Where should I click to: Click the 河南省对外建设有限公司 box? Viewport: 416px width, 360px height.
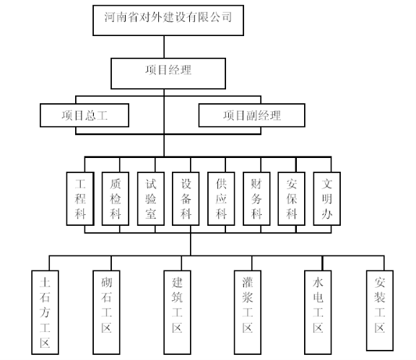pyautogui.click(x=168, y=20)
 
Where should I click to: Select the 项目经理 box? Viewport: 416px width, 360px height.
pyautogui.click(x=168, y=74)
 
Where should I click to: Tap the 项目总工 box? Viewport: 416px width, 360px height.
pyautogui.click(x=84, y=115)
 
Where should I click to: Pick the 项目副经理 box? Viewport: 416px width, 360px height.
pyautogui.click(x=252, y=115)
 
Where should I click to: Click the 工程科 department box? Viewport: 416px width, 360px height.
pyautogui.click(x=80, y=199)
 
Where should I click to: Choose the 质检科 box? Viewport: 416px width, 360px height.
pyautogui.click(x=116, y=199)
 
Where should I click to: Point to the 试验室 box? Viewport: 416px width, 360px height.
pyautogui.click(x=151, y=199)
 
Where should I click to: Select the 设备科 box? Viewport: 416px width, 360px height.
pyautogui.click(x=186, y=199)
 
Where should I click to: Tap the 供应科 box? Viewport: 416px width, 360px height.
pyautogui.click(x=221, y=199)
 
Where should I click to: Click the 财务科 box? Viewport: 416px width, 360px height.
pyautogui.click(x=256, y=199)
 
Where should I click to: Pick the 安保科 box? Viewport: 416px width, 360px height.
pyautogui.click(x=291, y=199)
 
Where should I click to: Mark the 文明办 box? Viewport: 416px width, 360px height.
pyautogui.click(x=327, y=199)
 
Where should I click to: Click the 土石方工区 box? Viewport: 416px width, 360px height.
pyautogui.click(x=45, y=312)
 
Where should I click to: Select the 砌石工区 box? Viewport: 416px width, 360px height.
pyautogui.click(x=106, y=312)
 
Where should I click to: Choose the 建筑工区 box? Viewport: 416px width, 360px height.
pyautogui.click(x=177, y=312)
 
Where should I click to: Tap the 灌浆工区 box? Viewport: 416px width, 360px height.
pyautogui.click(x=248, y=312)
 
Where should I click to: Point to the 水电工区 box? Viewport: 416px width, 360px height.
pyautogui.click(x=318, y=312)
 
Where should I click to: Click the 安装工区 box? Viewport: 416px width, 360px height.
pyautogui.click(x=380, y=311)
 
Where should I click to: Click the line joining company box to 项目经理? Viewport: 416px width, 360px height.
pyautogui.click(x=164, y=47)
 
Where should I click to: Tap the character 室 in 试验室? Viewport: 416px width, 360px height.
pyautogui.click(x=151, y=214)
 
